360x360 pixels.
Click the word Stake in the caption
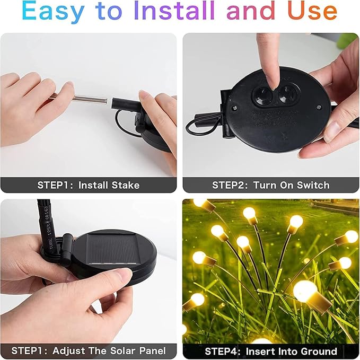point(126,185)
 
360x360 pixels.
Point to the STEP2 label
point(229,185)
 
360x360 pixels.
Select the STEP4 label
point(222,351)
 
